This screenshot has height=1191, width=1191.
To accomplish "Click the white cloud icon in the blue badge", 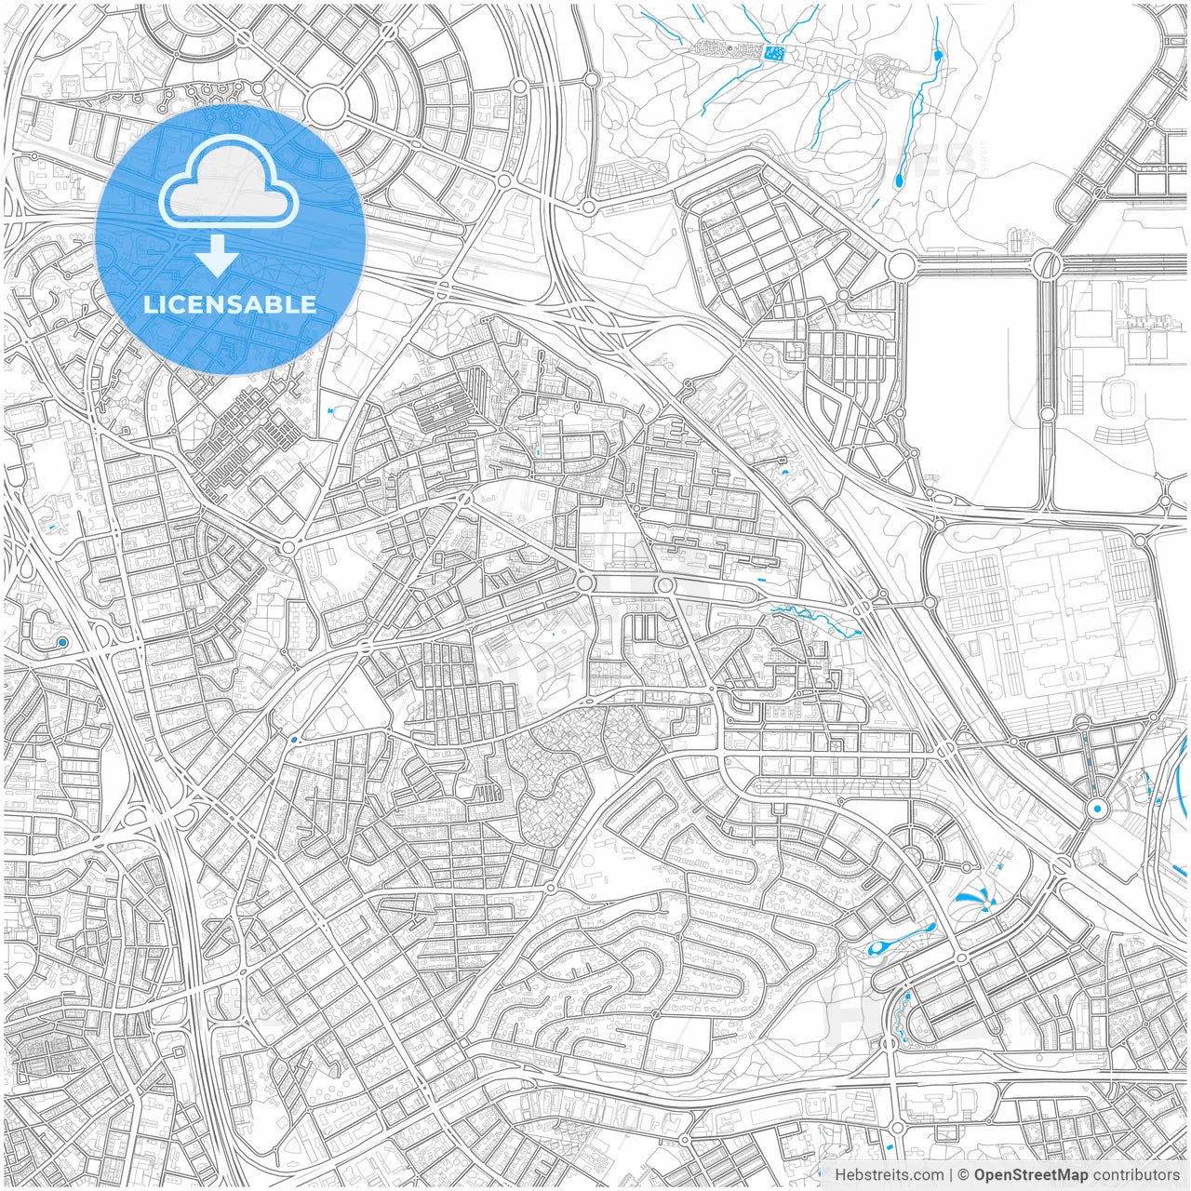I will tap(229, 181).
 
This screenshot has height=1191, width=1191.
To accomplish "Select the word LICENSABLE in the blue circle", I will tap(230, 304).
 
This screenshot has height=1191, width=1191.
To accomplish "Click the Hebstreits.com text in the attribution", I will tap(889, 1175).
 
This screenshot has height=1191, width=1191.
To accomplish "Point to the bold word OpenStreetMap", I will tap(1031, 1175).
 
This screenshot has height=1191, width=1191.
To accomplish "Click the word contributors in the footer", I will tap(1136, 1175).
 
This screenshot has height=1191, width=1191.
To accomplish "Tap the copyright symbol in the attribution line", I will tap(964, 1175).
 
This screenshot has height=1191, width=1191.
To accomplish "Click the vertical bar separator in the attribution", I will tap(951, 1175).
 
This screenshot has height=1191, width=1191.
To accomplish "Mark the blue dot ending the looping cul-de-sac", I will tap(62, 642).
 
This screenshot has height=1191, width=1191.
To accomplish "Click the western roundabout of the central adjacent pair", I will tap(585, 582).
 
